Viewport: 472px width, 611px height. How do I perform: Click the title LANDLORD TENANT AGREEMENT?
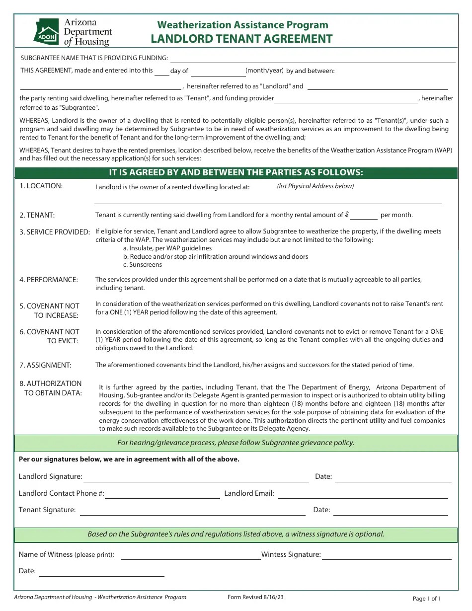tap(242, 39)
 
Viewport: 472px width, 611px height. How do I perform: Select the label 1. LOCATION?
tap(41, 186)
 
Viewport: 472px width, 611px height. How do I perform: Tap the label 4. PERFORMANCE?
tap(49, 280)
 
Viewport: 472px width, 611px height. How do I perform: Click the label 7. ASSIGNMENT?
tap(46, 365)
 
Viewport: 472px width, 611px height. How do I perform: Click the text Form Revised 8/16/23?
tap(255, 598)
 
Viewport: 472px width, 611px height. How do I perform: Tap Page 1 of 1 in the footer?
tap(427, 599)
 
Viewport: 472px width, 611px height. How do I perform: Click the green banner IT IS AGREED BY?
tap(236, 172)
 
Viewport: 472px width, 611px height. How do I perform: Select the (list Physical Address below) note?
tap(315, 186)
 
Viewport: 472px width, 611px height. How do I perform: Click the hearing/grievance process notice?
tap(236, 443)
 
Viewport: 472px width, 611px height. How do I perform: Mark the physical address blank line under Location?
tap(268, 201)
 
